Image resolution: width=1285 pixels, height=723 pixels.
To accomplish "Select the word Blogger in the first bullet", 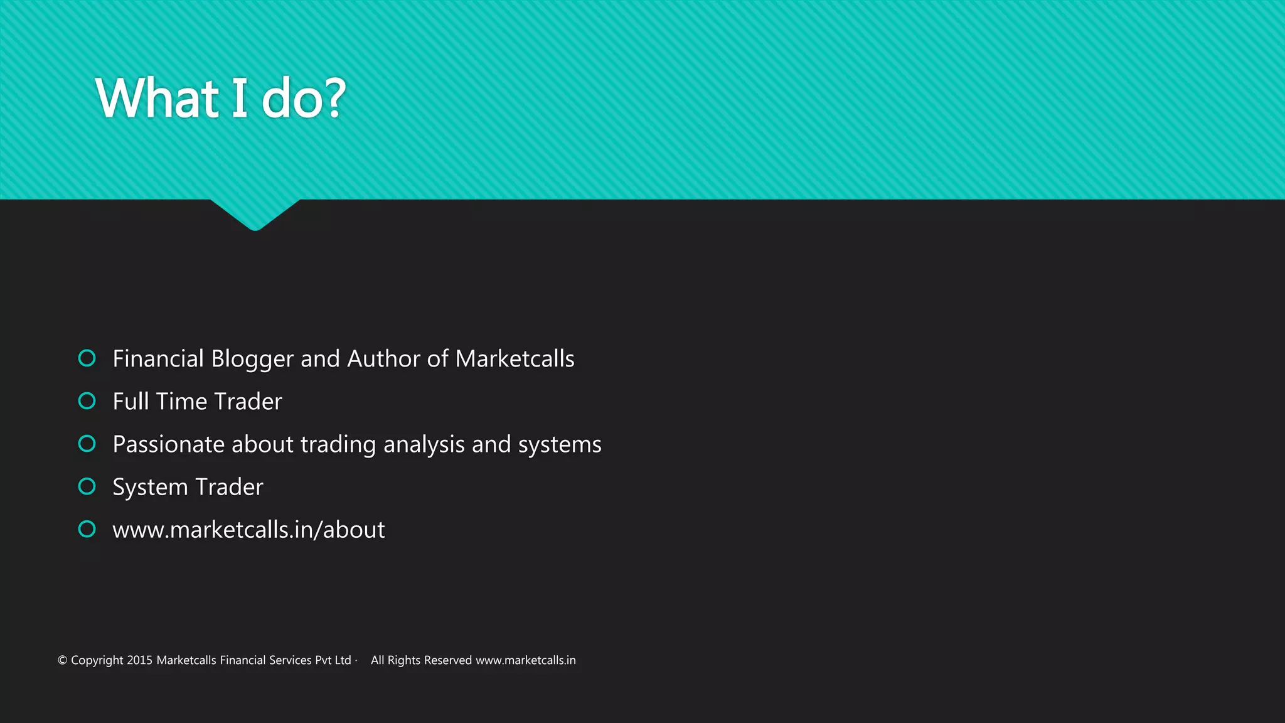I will (252, 359).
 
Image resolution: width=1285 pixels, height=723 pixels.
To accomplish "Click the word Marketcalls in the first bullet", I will (515, 359).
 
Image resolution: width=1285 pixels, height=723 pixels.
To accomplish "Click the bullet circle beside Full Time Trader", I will (87, 401).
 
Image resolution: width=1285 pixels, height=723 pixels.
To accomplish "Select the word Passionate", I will (168, 444).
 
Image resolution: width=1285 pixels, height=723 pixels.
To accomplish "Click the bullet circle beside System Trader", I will (87, 486).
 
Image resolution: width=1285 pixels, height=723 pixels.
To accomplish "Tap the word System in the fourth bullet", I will (150, 488).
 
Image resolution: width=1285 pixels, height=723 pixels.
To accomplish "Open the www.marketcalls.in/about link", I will (248, 530).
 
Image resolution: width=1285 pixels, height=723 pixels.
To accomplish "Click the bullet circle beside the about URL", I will (87, 529).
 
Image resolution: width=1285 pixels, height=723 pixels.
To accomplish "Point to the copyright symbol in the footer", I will (62, 660).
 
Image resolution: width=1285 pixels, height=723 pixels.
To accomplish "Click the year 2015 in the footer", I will (139, 660).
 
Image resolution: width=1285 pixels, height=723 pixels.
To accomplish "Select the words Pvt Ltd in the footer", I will (333, 660).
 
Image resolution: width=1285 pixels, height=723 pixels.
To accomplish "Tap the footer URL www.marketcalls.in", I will (525, 660).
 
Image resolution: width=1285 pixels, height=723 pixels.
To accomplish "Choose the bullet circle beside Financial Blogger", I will (87, 358).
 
